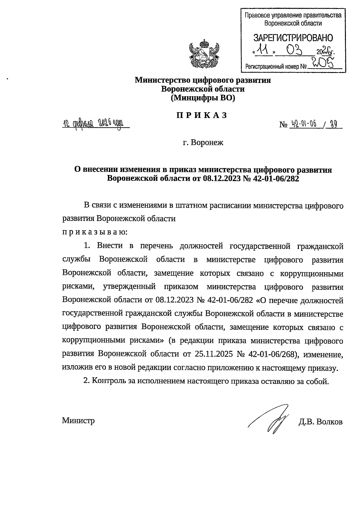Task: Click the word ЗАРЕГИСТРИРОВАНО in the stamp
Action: pos(293,38)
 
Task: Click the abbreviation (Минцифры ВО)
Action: pos(202,98)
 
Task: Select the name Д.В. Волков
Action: pos(320,422)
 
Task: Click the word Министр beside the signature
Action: pos(78,420)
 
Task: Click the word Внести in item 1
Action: pos(110,246)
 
